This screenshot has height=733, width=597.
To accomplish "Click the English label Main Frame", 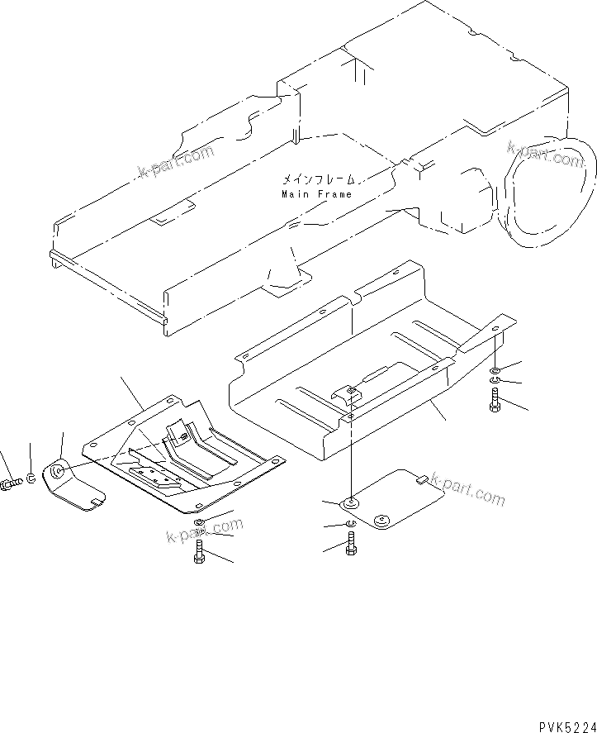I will (x=316, y=195).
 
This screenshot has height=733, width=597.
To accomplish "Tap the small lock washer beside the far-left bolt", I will (x=31, y=478).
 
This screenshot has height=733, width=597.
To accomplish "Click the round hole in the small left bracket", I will (x=59, y=473).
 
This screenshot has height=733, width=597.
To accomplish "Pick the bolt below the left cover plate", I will (x=199, y=550).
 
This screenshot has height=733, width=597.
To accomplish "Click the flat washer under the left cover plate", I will (x=199, y=523).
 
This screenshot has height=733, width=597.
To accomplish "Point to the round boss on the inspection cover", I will (x=381, y=521).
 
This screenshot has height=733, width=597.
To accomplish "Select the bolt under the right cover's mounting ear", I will (x=495, y=399).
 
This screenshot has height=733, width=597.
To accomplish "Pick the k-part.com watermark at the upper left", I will (x=175, y=163).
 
